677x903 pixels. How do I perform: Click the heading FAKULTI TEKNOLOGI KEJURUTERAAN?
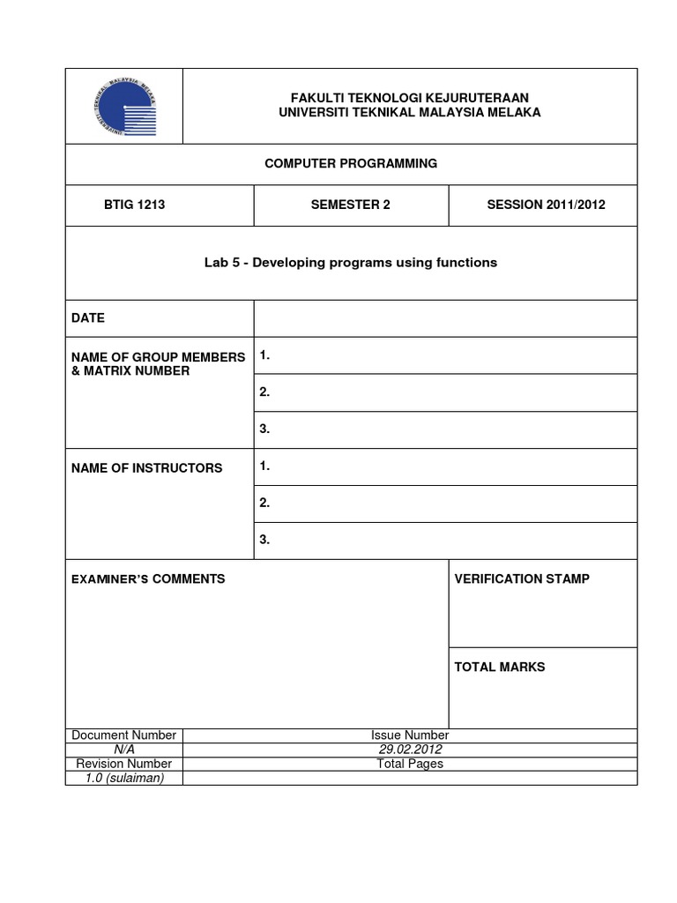(x=409, y=97)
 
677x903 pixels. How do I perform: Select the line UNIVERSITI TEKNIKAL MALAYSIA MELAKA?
(x=409, y=113)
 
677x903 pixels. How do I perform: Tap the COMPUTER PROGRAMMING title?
(x=352, y=163)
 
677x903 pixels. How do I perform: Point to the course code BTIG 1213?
(x=135, y=205)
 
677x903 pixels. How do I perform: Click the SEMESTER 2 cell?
(x=350, y=205)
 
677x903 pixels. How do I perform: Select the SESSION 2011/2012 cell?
(x=546, y=205)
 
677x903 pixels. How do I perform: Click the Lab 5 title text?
(x=351, y=263)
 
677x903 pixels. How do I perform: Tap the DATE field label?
(x=88, y=317)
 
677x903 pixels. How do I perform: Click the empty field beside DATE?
(x=445, y=318)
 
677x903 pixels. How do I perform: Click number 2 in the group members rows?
(x=264, y=392)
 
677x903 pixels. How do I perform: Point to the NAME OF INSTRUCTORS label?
(x=147, y=467)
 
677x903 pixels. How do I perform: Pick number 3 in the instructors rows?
(x=264, y=541)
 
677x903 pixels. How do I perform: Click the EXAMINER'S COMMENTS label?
(x=148, y=579)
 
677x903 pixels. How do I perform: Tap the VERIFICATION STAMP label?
(x=522, y=578)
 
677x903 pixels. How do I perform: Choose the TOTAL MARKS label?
(x=499, y=667)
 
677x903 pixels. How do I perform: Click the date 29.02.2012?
(x=409, y=750)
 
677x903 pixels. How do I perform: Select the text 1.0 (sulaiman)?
(x=123, y=778)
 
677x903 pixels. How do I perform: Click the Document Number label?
(x=123, y=735)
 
